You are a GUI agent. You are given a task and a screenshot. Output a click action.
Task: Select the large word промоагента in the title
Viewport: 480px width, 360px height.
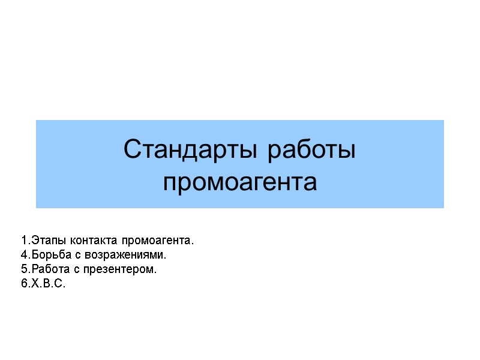tap(240, 182)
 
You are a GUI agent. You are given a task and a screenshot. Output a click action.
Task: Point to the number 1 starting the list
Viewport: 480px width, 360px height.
tap(23, 241)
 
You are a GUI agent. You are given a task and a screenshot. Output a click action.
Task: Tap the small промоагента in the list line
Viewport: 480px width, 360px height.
tap(158, 241)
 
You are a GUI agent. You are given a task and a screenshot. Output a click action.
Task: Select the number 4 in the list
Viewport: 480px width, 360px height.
tap(23, 255)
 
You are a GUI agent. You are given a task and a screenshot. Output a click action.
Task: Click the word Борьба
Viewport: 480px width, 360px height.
tap(50, 255)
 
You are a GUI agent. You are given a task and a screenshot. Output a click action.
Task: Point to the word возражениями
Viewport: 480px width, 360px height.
tap(127, 256)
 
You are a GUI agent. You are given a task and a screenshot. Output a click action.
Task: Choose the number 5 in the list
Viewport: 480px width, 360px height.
tap(23, 269)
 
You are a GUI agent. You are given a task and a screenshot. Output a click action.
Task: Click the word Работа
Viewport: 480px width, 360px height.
tap(50, 269)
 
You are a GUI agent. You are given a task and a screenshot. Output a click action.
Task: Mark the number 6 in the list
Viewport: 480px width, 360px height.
tap(23, 284)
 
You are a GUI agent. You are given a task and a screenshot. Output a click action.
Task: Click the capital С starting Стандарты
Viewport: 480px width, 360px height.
tap(131, 150)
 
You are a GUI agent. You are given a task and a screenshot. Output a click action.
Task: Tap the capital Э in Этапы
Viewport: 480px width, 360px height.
tap(35, 241)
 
